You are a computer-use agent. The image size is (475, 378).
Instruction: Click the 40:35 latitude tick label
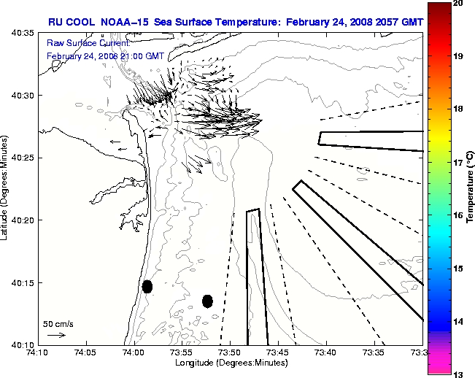(x=20, y=34)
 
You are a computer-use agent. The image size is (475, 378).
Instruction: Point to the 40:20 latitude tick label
(x=20, y=220)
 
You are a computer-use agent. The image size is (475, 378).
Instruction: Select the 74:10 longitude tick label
(x=39, y=352)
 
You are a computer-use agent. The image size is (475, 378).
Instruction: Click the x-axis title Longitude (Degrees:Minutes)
(x=231, y=363)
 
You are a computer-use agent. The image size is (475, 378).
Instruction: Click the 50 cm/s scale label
(x=58, y=323)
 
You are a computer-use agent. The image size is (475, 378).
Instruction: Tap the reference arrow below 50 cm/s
(x=56, y=335)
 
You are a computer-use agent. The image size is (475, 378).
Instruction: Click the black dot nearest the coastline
(x=147, y=286)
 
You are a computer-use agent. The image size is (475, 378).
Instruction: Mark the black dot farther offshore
(x=207, y=301)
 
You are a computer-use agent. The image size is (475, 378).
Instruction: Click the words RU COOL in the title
(x=71, y=22)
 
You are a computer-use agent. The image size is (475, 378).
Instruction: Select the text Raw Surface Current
(x=79, y=44)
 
